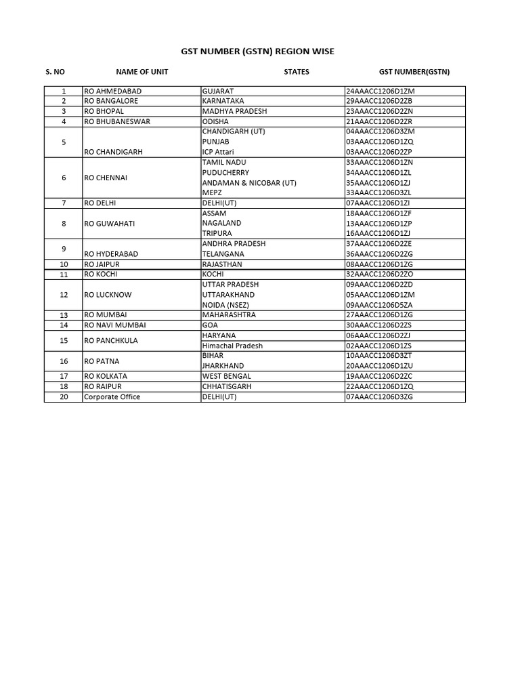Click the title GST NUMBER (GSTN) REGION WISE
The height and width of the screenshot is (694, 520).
[x=257, y=52]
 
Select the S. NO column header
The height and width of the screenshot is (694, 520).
[x=56, y=72]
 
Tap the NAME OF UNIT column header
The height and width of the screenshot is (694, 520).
[x=142, y=72]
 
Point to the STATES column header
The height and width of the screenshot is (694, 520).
[x=297, y=72]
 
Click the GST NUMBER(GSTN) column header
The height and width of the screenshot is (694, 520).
[x=414, y=72]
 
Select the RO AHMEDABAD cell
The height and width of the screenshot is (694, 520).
[x=112, y=91]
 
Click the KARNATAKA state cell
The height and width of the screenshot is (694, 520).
[x=223, y=101]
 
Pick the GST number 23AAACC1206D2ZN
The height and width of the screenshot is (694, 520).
[x=379, y=111]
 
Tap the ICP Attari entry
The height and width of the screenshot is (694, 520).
[x=218, y=152]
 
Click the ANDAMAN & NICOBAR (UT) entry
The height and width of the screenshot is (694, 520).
[x=249, y=183]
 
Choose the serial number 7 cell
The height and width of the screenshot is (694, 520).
[x=64, y=203]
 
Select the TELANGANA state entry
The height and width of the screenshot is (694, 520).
[x=223, y=254]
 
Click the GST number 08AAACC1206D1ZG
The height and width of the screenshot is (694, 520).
[x=379, y=264]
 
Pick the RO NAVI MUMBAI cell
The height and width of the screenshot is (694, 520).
[x=115, y=325]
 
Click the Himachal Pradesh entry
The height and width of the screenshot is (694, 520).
[x=232, y=346]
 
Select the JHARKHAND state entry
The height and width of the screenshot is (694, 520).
[x=223, y=366]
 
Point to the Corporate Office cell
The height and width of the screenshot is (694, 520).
[x=112, y=396]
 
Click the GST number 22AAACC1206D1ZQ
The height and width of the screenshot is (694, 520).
[x=379, y=386]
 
